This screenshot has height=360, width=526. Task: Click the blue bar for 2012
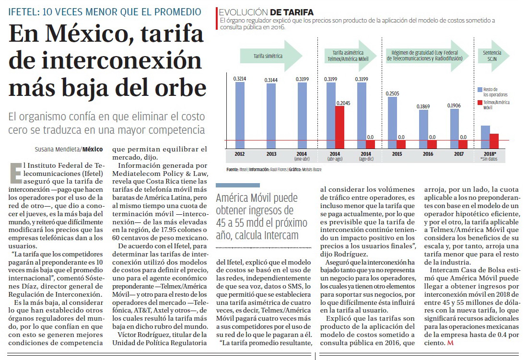tap(240, 115)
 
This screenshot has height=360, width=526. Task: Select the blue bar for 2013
tap(271, 116)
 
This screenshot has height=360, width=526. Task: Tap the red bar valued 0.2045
tap(339, 127)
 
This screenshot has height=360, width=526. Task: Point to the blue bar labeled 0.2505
tap(393, 123)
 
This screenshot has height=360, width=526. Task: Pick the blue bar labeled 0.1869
tap(424, 129)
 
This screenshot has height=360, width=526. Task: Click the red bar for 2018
tap(494, 141)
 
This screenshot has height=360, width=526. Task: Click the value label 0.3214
tap(240, 79)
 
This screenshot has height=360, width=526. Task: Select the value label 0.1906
tap(454, 105)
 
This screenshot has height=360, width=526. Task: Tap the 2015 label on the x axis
tap(397, 154)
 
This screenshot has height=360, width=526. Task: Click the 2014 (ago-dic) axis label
tap(366, 156)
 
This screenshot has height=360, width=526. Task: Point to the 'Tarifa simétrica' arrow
tap(271, 56)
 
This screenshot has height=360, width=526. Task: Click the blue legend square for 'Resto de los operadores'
tap(479, 90)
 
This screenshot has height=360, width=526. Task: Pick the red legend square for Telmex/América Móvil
tap(479, 102)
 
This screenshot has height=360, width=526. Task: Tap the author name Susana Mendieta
tap(58, 149)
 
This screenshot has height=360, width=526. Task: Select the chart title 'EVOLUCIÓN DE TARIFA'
tap(266, 12)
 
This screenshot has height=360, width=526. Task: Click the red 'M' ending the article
tap(450, 343)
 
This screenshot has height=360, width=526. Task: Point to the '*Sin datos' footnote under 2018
tap(490, 159)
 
